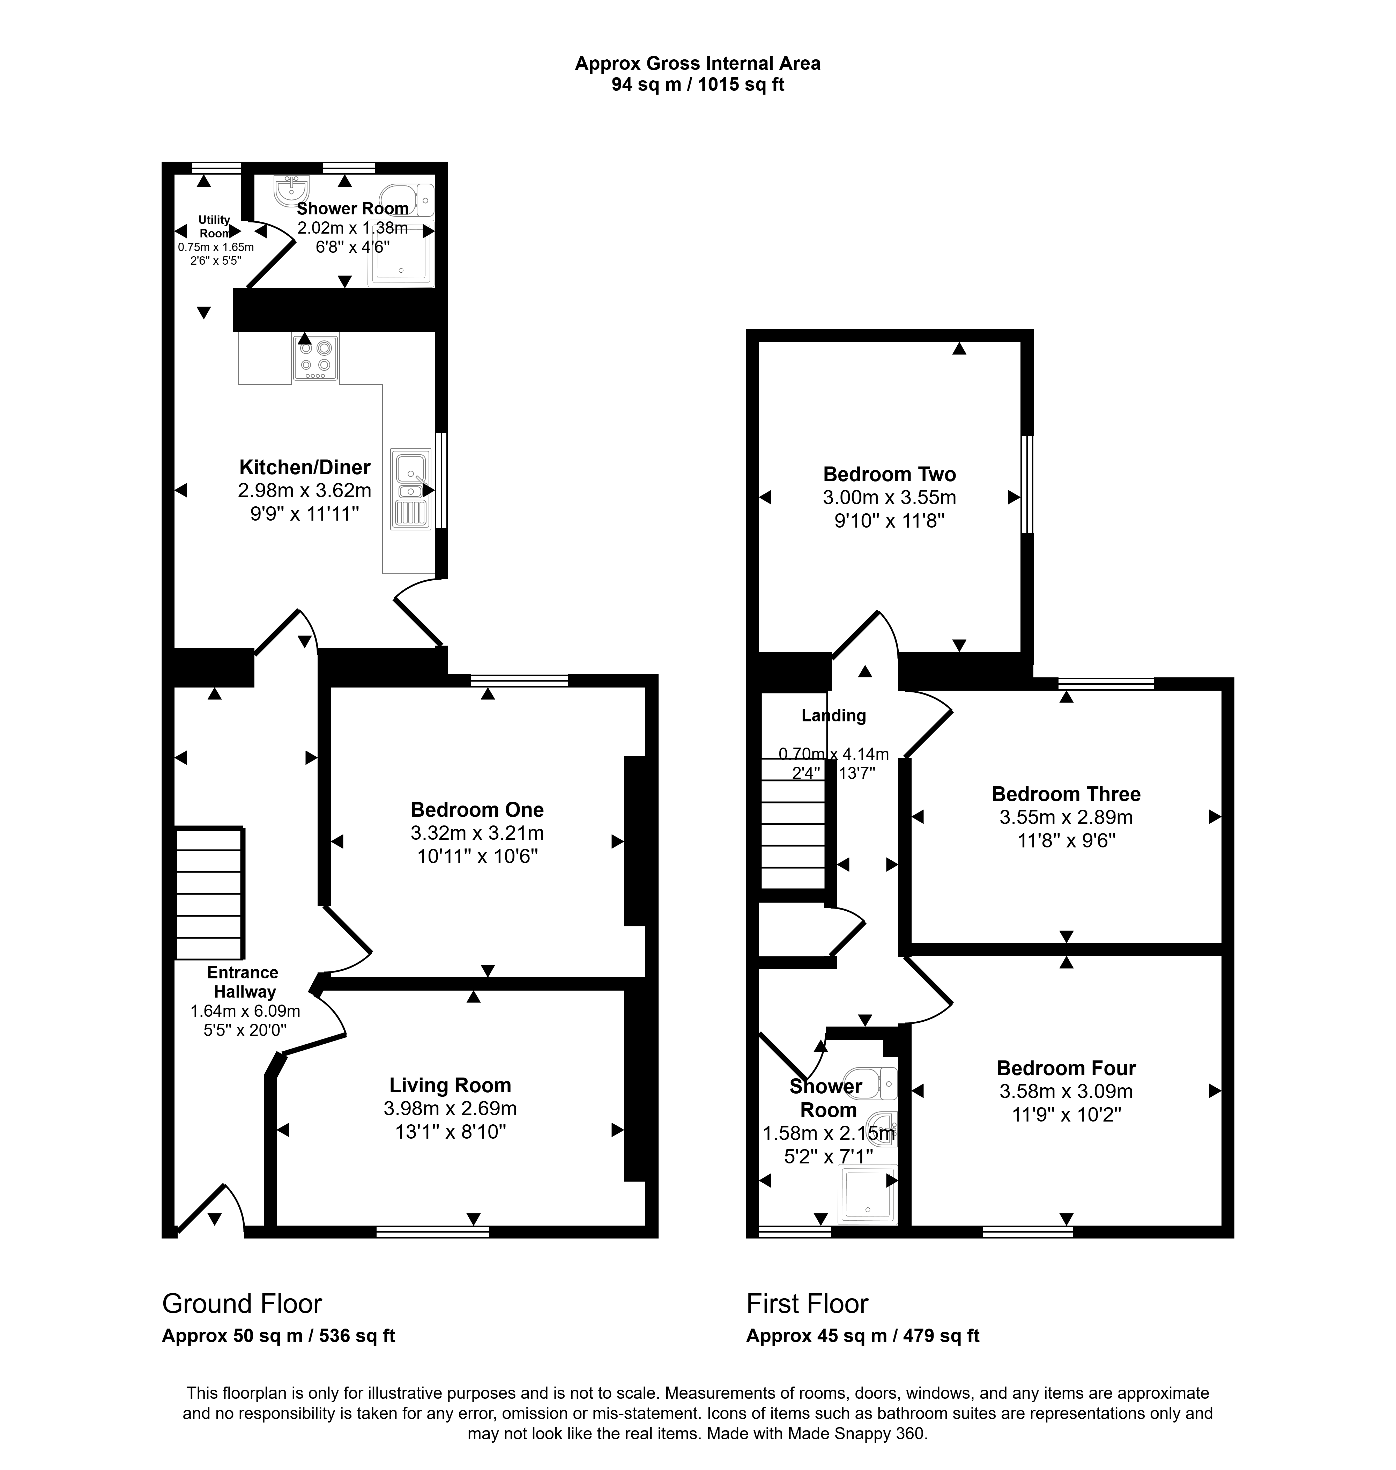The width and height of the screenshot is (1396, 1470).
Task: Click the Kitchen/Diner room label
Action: pyautogui.click(x=304, y=468)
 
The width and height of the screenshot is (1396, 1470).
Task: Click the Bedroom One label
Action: pyautogui.click(x=477, y=810)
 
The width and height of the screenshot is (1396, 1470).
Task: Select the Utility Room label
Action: pyautogui.click(x=214, y=226)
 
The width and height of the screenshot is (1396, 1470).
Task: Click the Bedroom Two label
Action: pyautogui.click(x=889, y=474)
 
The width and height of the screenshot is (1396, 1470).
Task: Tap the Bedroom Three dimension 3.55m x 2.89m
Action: pyautogui.click(x=1065, y=817)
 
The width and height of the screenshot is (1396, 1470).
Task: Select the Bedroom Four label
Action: pyautogui.click(x=1065, y=1068)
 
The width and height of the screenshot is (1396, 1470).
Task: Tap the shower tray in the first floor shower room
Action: pyautogui.click(x=868, y=1195)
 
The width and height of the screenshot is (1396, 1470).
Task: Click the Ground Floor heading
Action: pyautogui.click(x=242, y=1304)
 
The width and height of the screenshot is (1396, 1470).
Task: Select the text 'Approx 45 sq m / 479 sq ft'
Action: pyautogui.click(x=862, y=1336)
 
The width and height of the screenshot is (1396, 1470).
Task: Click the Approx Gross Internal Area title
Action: pyautogui.click(x=697, y=63)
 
